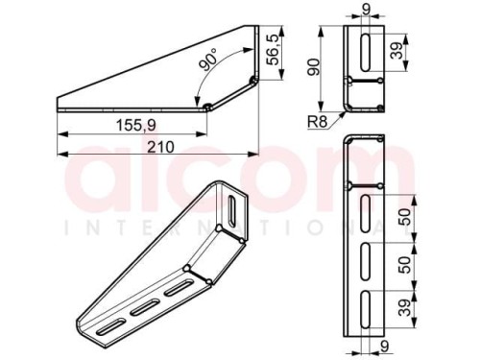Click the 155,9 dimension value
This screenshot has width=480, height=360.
coord(136,125)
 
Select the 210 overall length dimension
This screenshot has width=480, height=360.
coord(160,147)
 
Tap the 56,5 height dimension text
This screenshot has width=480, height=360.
coord(274,50)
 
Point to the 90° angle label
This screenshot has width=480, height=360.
coord(207,60)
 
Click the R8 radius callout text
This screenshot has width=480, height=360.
coord(318,122)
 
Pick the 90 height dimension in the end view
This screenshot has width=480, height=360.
coord(314,67)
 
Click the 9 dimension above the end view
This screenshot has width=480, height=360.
coord(366,9)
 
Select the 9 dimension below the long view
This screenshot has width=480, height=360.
coord(385,347)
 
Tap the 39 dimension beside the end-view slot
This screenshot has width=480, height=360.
coord(397,50)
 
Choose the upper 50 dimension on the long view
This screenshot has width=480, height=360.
coord(405,217)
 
